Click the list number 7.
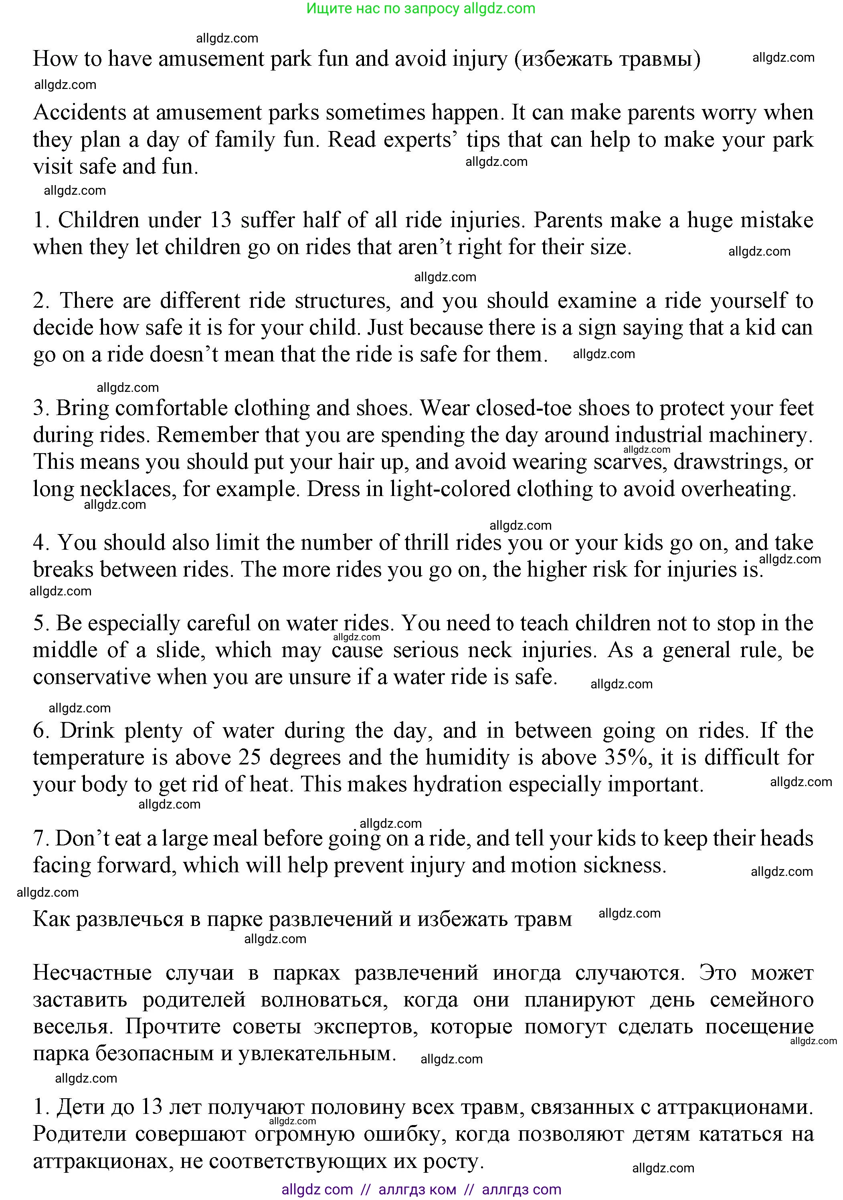click(x=40, y=838)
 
